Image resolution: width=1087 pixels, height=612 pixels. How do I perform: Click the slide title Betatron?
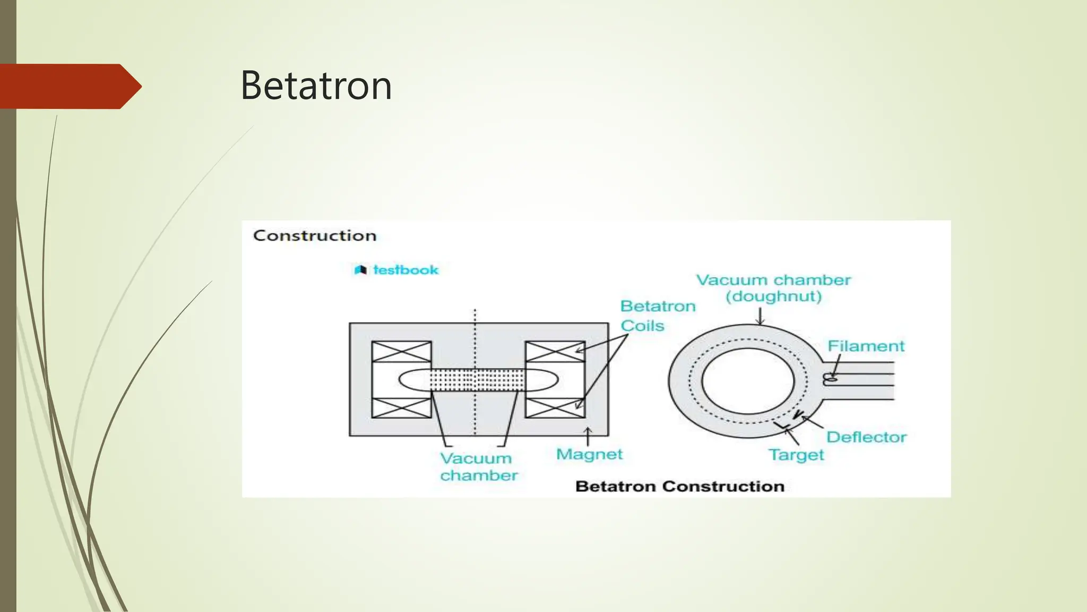316,86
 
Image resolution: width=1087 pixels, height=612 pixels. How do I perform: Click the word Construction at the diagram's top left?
315,235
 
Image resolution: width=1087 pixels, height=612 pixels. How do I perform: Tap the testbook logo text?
406,270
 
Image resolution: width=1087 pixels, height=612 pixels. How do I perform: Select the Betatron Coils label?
657,316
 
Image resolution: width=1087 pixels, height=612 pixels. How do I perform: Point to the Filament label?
866,346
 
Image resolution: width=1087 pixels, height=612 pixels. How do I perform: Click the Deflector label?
866,437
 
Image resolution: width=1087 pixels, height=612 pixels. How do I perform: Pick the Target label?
796,455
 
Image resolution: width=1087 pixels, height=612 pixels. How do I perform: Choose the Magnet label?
589,454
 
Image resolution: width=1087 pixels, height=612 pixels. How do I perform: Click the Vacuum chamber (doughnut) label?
773,288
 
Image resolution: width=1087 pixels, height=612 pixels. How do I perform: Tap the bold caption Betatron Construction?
680,486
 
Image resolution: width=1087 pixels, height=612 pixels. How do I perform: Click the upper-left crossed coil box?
401,352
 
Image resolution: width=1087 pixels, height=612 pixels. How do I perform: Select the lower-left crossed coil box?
401,407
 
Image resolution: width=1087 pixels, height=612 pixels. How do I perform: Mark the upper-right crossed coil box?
555,352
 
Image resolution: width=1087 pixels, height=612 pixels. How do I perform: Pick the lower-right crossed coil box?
555,407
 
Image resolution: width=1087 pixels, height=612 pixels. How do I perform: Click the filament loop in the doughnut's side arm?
830,379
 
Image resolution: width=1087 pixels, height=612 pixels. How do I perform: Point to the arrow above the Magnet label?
588,437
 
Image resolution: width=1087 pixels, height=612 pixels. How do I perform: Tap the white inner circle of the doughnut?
748,381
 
